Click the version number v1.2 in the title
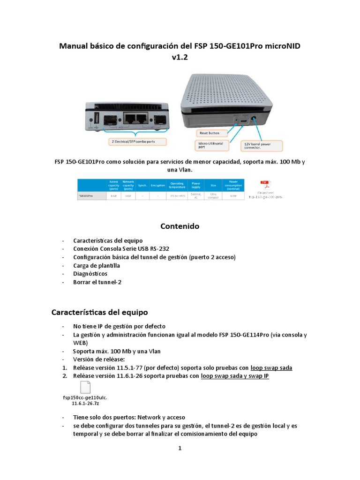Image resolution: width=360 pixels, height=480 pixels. [x=180, y=57]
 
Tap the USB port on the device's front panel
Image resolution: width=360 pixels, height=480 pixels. [x=97, y=118]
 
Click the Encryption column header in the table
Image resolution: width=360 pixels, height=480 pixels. [x=157, y=186]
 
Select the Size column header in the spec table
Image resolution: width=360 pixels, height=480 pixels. [x=213, y=186]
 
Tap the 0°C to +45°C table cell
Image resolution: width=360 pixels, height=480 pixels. [x=177, y=195]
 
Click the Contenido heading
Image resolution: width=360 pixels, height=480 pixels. [x=180, y=226]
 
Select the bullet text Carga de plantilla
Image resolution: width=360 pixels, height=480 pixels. [x=97, y=265]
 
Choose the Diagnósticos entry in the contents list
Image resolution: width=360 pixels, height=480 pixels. [x=90, y=273]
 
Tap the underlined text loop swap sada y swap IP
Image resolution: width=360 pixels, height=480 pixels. [x=234, y=375]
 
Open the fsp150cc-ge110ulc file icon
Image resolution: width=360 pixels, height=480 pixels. [x=85, y=389]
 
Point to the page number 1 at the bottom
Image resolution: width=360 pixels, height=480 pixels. [x=180, y=448]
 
